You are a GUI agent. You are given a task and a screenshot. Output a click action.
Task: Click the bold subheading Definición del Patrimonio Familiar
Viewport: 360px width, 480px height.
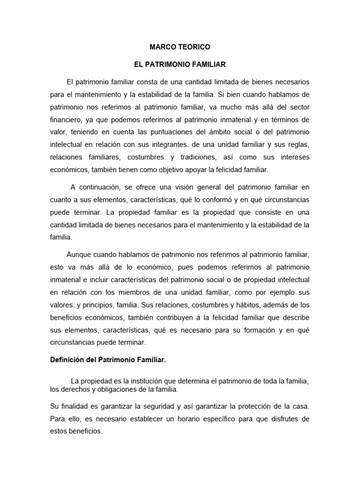108,361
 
